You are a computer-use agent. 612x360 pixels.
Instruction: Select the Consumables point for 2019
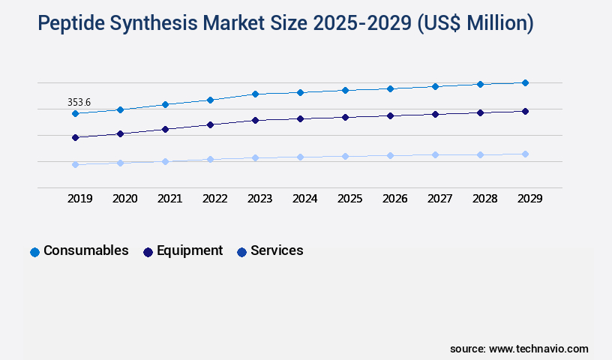click(75, 113)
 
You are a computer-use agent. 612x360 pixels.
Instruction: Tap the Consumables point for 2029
click(525, 82)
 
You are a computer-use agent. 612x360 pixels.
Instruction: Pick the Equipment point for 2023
click(255, 120)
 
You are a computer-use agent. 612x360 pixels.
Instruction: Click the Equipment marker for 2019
click(75, 137)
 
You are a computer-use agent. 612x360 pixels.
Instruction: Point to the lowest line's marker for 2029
click(525, 154)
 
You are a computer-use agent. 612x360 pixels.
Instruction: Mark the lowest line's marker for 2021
click(165, 161)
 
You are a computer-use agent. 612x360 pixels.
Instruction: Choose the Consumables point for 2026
click(390, 88)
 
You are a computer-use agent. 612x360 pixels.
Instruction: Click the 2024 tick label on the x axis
click(304, 199)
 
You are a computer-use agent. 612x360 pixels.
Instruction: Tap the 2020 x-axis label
click(124, 199)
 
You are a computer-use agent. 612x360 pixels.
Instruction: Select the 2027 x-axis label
click(439, 199)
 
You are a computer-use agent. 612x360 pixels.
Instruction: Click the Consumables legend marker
click(34, 252)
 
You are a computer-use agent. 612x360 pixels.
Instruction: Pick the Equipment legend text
click(190, 250)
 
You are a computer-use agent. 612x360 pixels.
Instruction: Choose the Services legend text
click(277, 250)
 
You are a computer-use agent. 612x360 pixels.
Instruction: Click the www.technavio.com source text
click(538, 349)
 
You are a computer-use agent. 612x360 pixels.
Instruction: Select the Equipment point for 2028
click(480, 112)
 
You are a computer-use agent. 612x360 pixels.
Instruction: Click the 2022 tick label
click(214, 199)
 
